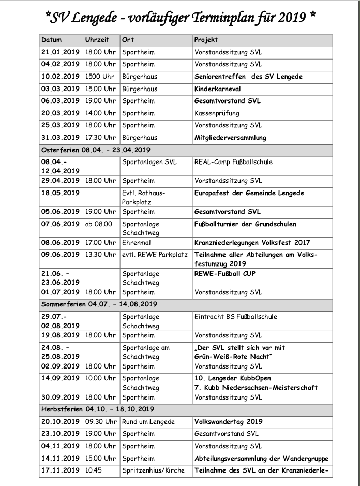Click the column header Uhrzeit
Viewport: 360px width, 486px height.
tap(97, 40)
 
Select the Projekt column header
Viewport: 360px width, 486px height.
tap(206, 40)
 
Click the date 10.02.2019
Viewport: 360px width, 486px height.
tap(60, 77)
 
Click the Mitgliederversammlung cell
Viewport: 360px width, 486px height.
tap(230, 138)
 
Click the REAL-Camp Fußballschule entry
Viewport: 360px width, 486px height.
tap(233, 162)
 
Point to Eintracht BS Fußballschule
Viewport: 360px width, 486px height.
tap(235, 317)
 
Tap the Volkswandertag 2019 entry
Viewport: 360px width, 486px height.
tap(229, 422)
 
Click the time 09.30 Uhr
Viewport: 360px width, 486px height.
tap(100, 422)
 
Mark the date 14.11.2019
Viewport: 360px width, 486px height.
tap(60, 459)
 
